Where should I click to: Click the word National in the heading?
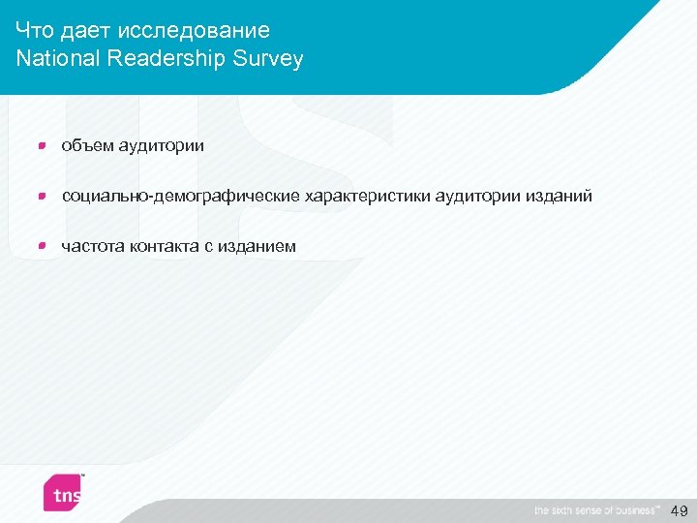pos(58,59)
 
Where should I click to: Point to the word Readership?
pos(164,59)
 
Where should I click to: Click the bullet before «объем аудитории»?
pos(41,145)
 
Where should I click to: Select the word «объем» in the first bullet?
pos(87,146)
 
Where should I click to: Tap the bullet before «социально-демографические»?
pos(41,196)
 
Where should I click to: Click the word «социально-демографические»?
pos(181,197)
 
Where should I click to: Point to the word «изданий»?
pos(559,197)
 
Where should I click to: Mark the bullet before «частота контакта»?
pos(41,246)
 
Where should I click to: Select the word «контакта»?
pos(164,247)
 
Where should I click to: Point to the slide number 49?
pos(679,510)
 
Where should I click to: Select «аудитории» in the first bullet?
pos(162,146)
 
